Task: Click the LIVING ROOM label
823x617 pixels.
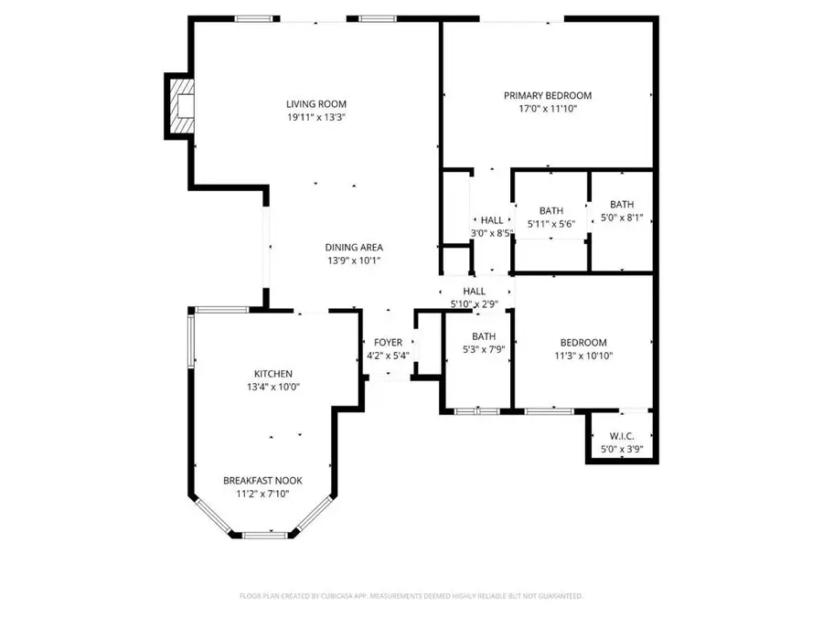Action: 315,104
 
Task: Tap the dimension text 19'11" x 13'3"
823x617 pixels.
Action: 315,117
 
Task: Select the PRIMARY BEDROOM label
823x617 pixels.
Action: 548,95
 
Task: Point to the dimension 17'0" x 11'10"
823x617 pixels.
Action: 548,109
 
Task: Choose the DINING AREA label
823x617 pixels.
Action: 353,247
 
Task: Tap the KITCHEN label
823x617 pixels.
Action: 273,374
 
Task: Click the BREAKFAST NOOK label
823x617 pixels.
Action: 262,481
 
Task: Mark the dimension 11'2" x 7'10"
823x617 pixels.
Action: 262,494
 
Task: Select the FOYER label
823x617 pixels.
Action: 388,343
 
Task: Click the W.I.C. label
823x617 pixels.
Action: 622,435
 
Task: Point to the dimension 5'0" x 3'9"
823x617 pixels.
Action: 622,448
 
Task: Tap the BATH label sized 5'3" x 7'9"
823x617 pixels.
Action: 483,336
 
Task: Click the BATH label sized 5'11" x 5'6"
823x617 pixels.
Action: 550,211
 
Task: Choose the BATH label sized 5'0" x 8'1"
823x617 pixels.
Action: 622,205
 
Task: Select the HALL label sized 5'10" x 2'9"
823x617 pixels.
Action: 474,291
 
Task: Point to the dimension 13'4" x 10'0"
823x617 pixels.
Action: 273,387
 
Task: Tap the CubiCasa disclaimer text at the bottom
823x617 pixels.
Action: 411,596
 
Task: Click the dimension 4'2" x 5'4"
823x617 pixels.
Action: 388,356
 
